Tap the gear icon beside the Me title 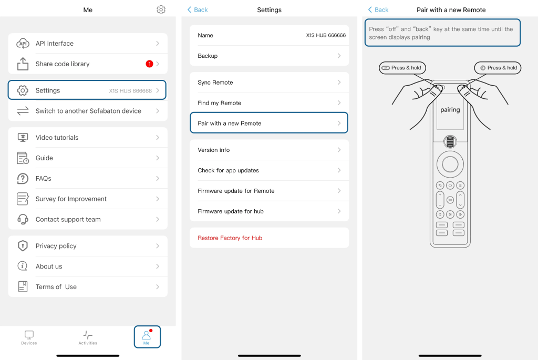[161, 9]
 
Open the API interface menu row [88, 43]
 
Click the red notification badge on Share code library [149, 64]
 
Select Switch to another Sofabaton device [88, 111]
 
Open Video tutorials [88, 137]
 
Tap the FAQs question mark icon [23, 179]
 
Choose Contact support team [88, 219]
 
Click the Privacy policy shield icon [23, 246]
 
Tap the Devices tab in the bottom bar [29, 337]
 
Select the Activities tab [88, 337]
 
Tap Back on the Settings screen [198, 9]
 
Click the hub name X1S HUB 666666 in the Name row [326, 35]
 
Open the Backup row [270, 56]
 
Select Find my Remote [270, 102]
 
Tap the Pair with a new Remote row [270, 123]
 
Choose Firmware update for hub [270, 211]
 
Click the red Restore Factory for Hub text [230, 238]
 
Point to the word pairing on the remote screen [450, 110]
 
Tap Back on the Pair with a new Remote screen [378, 9]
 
